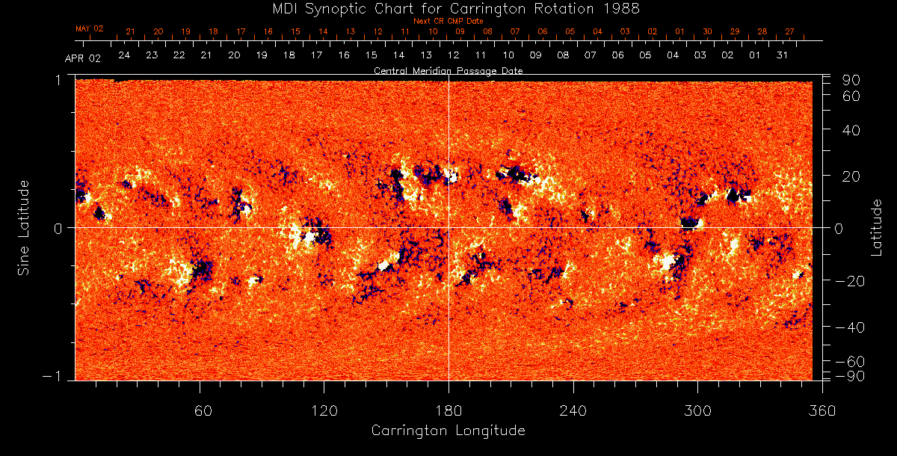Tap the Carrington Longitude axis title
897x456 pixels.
[448, 431]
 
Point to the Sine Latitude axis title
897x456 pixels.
[25, 227]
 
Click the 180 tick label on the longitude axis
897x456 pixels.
[449, 410]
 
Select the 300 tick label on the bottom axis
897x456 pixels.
[697, 410]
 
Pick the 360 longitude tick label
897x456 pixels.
[822, 410]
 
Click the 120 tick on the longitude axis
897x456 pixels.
[324, 410]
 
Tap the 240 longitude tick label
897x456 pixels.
[573, 410]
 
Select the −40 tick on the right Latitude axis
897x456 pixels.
[848, 327]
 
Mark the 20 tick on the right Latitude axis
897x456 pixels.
[853, 176]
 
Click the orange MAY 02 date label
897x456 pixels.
[89, 28]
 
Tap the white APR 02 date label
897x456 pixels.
[82, 58]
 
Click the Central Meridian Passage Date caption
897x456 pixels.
[448, 70]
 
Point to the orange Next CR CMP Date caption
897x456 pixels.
[448, 21]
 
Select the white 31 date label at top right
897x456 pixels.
[782, 55]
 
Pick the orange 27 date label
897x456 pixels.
[789, 31]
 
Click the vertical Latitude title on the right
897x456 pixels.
[878, 227]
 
